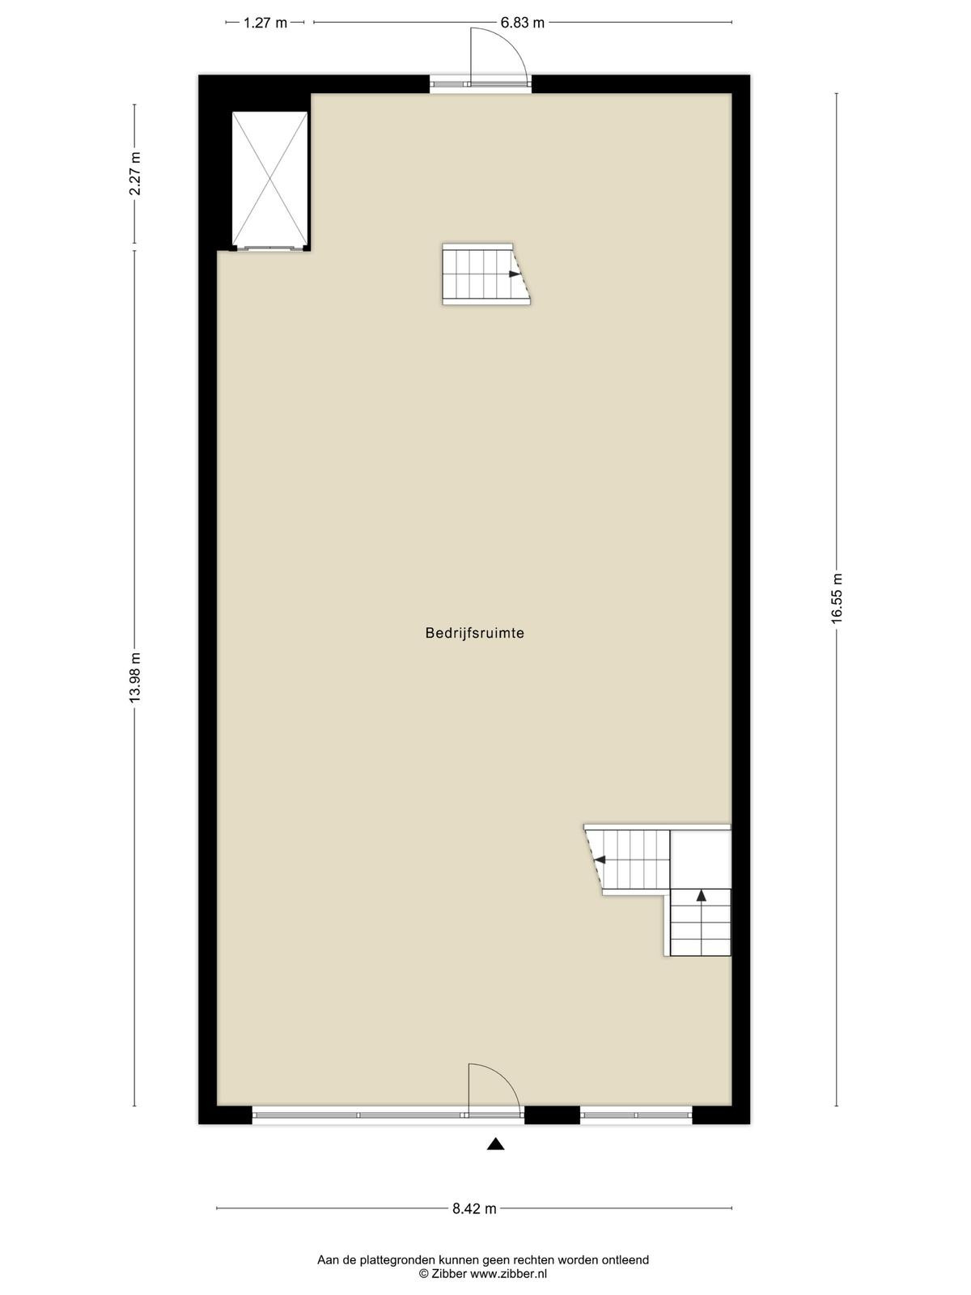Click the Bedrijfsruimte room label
(475, 633)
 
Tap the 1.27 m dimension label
(265, 23)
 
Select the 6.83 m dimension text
(523, 23)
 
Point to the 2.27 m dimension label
(135, 173)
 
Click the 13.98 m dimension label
(135, 677)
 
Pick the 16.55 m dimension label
(837, 597)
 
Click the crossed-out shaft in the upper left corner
(270, 180)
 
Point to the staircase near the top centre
(486, 274)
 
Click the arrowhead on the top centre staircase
(515, 274)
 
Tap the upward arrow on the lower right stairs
(701, 895)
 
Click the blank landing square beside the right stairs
(701, 859)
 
